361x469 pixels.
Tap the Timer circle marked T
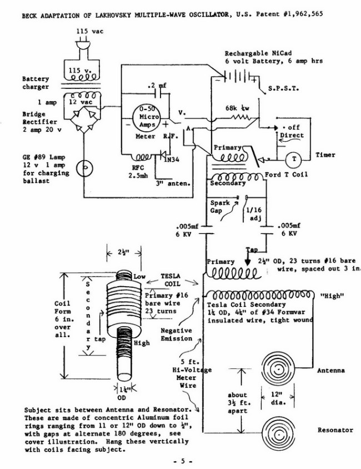(294, 159)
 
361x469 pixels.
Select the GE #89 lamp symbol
(84, 168)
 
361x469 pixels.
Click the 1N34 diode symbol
(163, 154)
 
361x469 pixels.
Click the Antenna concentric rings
(278, 368)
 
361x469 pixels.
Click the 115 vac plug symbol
(83, 43)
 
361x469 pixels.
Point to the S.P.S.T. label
(284, 88)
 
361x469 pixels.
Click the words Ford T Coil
(286, 174)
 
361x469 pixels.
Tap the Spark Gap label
(220, 207)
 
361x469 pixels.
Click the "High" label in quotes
(332, 296)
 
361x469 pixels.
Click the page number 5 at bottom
(183, 461)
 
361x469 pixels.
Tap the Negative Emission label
(176, 335)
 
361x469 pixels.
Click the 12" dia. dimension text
(278, 398)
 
